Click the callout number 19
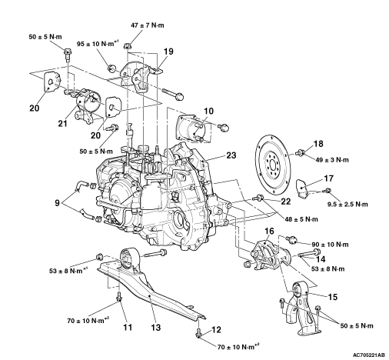click(168, 52)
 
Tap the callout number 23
click(231, 155)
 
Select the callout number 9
click(57, 203)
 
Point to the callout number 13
click(155, 328)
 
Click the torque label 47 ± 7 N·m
click(148, 25)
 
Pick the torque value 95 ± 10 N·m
click(95, 44)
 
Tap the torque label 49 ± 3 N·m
click(332, 160)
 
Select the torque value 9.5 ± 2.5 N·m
click(347, 204)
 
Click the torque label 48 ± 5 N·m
click(301, 219)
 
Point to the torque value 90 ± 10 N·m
click(330, 245)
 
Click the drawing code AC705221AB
click(369, 355)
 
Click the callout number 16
click(269, 231)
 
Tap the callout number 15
click(333, 297)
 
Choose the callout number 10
click(208, 111)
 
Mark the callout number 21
click(62, 123)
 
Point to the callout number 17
click(328, 178)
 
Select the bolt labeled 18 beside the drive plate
click(301, 153)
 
